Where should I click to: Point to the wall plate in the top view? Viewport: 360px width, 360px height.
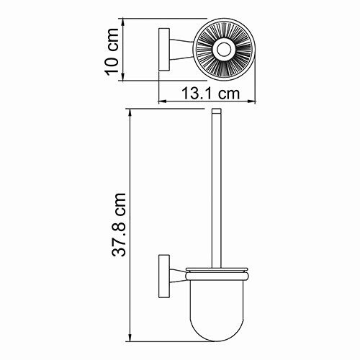163,50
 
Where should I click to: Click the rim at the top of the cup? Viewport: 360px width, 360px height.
216,271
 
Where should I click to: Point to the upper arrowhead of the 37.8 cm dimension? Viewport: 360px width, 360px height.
130,114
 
